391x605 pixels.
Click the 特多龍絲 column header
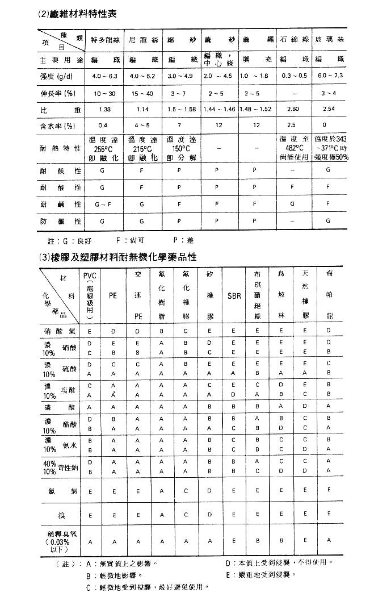tap(104, 42)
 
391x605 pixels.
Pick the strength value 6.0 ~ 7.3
tap(331, 76)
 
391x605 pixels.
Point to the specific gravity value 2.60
tap(293, 109)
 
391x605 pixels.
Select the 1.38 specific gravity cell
tap(104, 109)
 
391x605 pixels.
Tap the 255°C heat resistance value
tap(104, 149)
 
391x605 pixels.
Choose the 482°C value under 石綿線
tap(294, 148)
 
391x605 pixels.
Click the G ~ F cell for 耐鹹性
tap(104, 203)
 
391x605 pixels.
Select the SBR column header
tap(234, 296)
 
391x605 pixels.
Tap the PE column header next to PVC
tap(113, 295)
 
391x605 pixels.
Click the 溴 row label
tap(61, 515)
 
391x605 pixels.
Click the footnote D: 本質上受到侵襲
tap(278, 563)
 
